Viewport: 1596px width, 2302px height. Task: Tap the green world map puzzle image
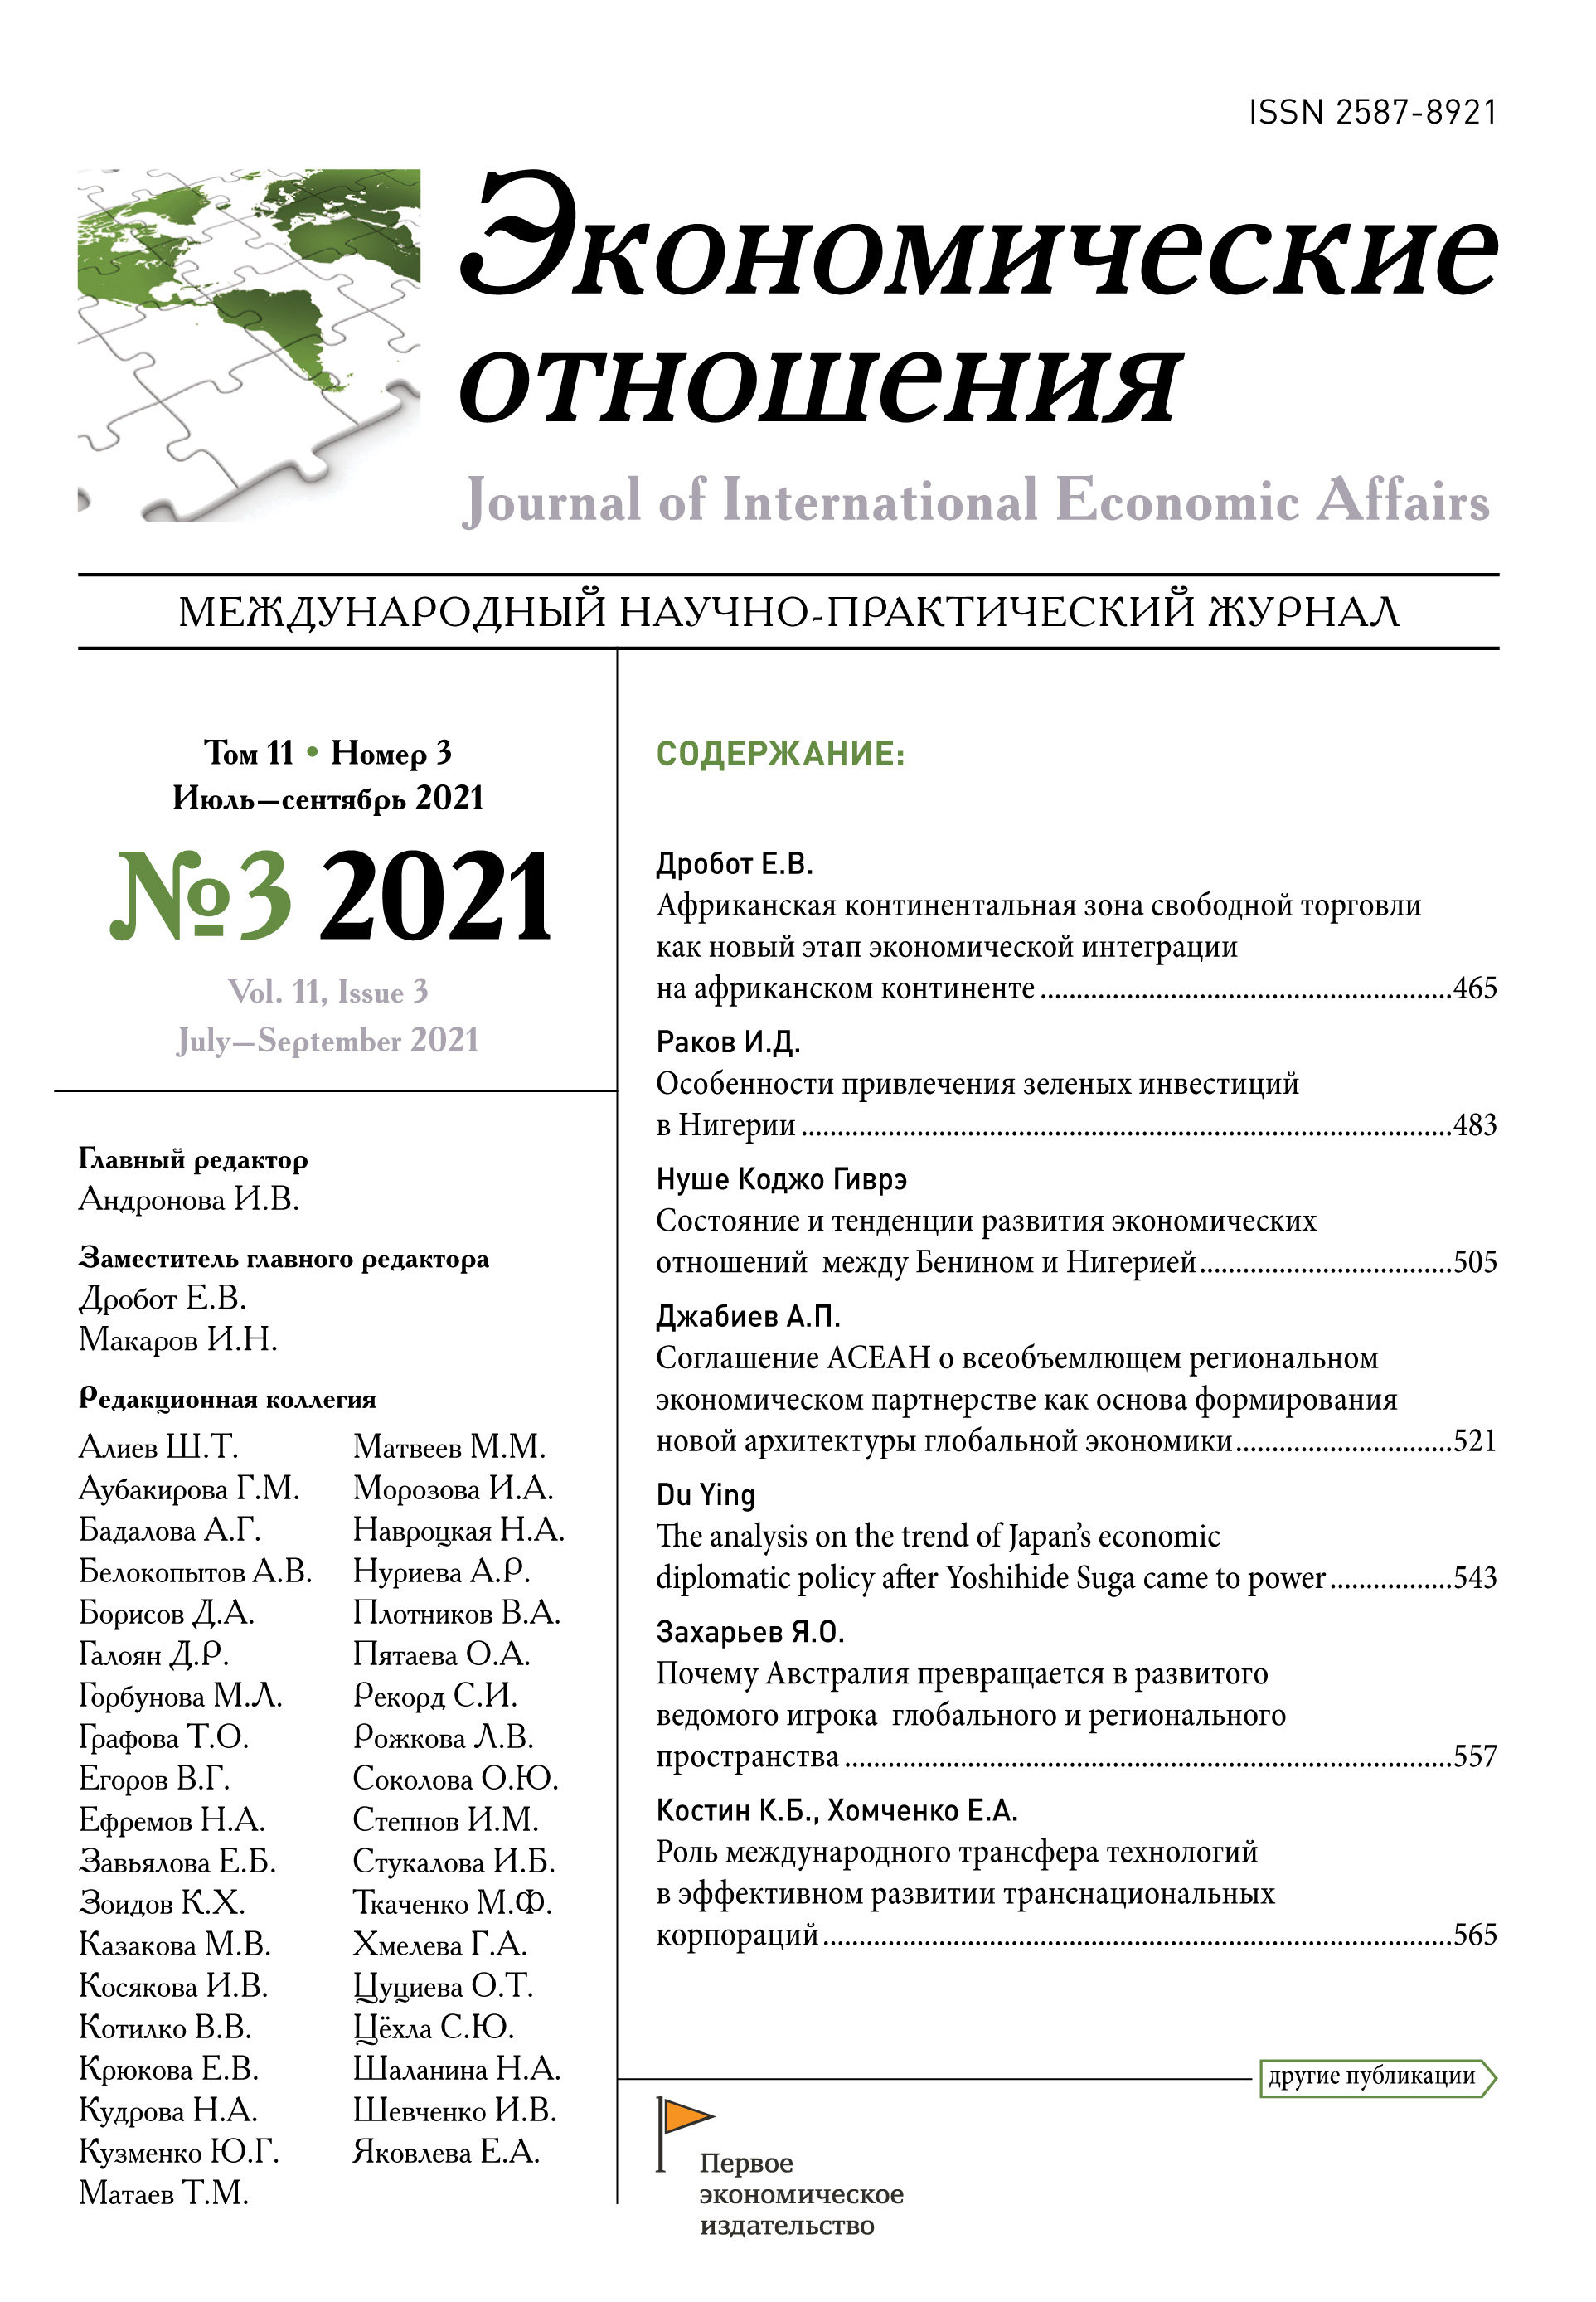pos(248,344)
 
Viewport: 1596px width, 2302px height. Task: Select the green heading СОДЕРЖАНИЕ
pos(780,754)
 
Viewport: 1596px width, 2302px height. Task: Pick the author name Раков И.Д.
pos(728,1042)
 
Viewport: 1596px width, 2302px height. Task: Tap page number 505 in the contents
pos(1474,1262)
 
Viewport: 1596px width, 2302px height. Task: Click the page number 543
pos(1474,1578)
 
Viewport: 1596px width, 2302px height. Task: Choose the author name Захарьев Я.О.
pos(750,1632)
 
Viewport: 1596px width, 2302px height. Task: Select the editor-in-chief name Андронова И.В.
pos(189,1199)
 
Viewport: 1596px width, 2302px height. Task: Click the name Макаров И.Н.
pos(178,1339)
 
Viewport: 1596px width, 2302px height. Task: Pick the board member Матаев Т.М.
pos(164,2193)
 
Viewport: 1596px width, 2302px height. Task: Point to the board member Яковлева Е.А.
pos(446,2151)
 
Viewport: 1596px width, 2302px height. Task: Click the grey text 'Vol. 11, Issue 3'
pos(328,992)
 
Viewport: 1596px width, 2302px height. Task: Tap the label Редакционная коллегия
pos(227,1399)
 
